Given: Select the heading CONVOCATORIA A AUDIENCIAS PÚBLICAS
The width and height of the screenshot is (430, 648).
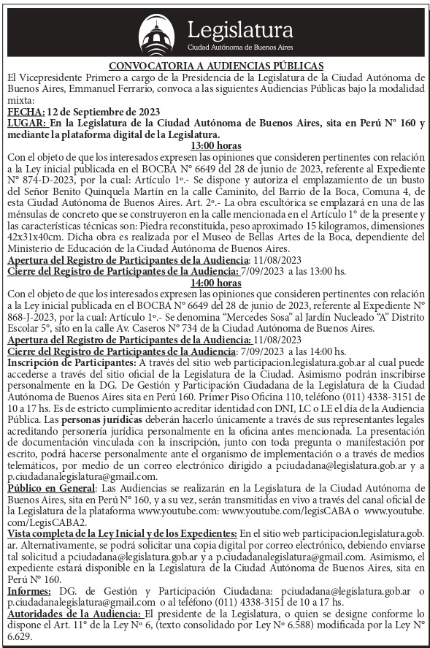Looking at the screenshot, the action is coord(215,65).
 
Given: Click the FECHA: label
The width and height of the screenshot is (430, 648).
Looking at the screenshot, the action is coord(24,111).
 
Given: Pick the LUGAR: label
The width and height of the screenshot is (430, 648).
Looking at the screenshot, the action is coord(26,123).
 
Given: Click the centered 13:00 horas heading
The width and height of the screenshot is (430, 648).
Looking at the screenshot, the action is coord(215,145).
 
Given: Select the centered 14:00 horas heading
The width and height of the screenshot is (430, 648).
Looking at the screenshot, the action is coord(215,282).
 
